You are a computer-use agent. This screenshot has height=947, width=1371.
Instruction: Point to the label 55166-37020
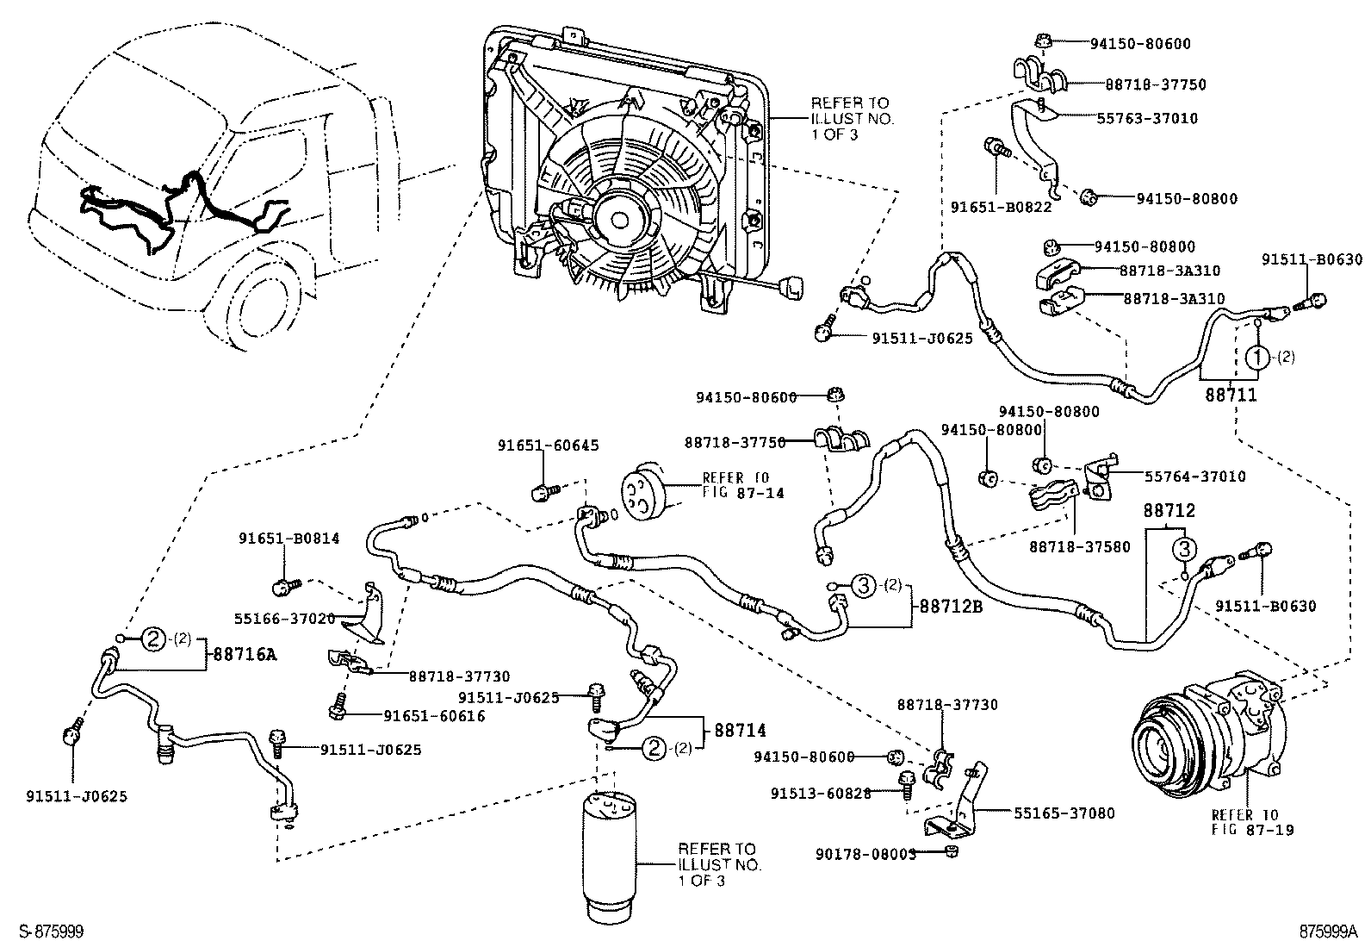pyautogui.click(x=284, y=618)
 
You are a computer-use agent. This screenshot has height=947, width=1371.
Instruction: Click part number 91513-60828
pyautogui.click(x=821, y=793)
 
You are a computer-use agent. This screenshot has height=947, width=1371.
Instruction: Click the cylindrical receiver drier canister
pyautogui.click(x=610, y=847)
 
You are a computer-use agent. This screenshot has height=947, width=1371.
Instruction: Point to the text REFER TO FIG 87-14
pyautogui.click(x=735, y=484)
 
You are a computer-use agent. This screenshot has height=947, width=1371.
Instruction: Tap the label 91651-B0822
pyautogui.click(x=989, y=206)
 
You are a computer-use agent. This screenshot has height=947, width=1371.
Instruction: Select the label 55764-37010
pyautogui.click(x=1194, y=476)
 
